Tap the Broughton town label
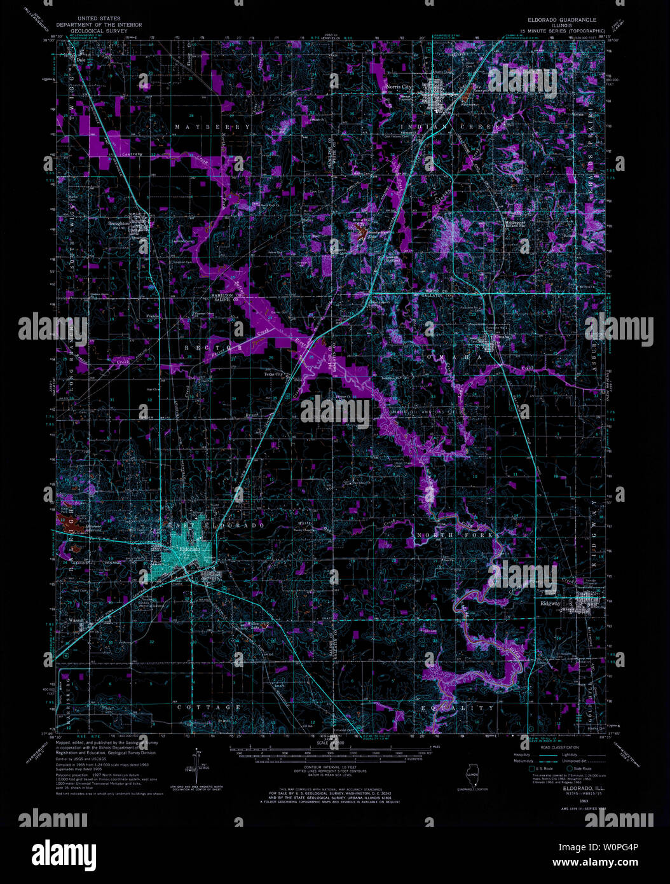[119, 223]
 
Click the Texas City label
[273, 375]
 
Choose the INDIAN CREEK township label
[451, 128]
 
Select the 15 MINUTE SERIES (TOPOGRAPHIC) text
[563, 31]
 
